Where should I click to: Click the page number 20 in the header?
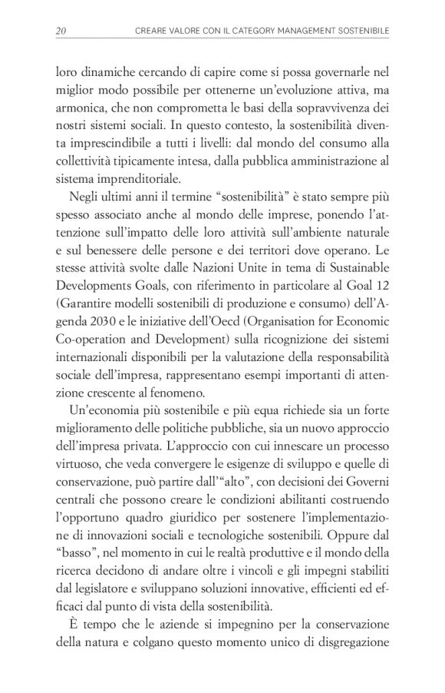click(60, 31)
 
